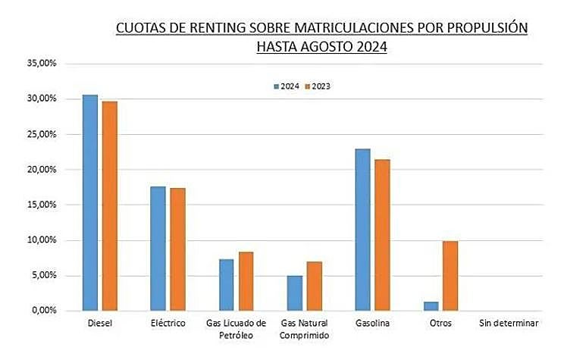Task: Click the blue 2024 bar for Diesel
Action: (x=90, y=202)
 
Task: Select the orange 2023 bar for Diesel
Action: (x=110, y=205)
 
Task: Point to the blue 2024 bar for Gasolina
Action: (x=362, y=230)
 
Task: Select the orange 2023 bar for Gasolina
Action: (x=382, y=235)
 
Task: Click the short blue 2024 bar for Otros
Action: (x=431, y=306)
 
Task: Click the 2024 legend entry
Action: (x=285, y=86)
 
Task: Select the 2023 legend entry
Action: (x=318, y=86)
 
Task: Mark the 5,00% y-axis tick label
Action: (x=44, y=276)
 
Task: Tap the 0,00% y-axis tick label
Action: (x=44, y=311)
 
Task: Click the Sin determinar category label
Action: (x=509, y=324)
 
